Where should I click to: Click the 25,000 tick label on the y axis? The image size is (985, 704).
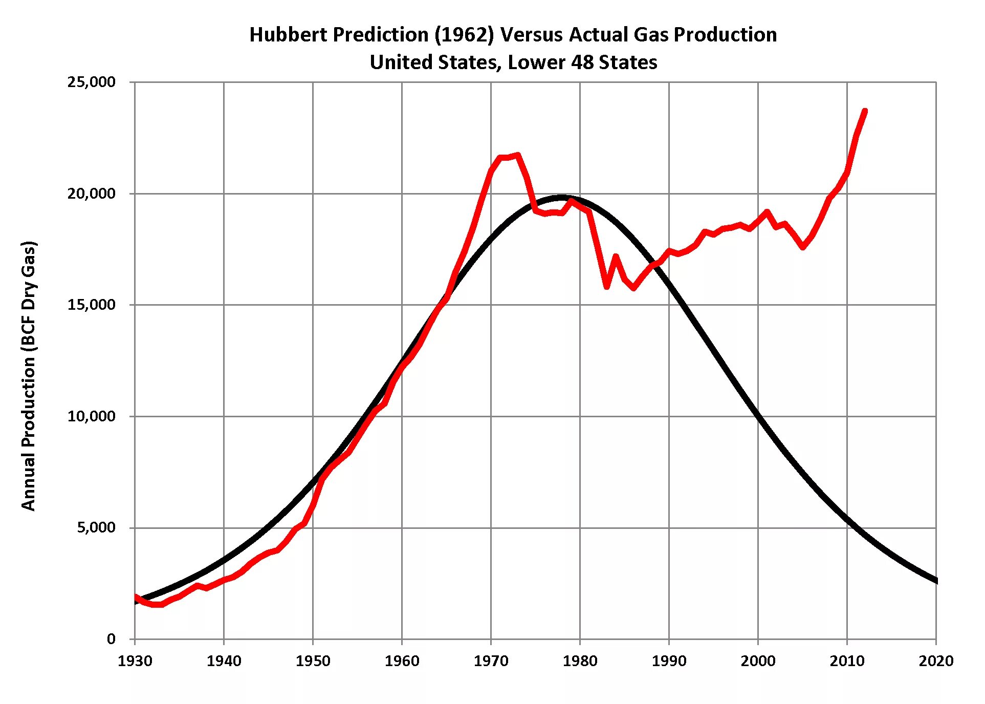point(91,82)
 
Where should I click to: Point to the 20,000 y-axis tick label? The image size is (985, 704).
point(91,194)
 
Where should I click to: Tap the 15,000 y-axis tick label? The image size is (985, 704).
point(91,305)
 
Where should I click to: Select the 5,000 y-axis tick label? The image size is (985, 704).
point(96,528)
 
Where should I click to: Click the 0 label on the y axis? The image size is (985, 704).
point(111,639)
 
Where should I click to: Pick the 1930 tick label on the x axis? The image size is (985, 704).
point(135,661)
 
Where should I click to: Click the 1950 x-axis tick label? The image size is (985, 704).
point(313,661)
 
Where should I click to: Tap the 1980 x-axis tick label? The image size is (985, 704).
point(580,661)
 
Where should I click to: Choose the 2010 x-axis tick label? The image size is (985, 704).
point(847,661)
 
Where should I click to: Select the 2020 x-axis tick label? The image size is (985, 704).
point(936,661)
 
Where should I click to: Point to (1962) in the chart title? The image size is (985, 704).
point(464,35)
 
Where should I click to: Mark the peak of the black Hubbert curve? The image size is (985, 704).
point(562,197)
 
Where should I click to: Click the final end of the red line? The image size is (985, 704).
point(865,111)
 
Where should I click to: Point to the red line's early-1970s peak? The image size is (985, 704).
point(518,155)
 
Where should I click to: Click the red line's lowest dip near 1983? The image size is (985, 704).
point(606,287)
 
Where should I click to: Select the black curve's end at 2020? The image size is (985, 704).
point(936,581)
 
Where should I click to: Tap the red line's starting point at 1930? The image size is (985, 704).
point(135,596)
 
